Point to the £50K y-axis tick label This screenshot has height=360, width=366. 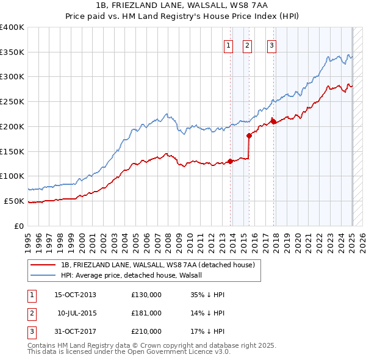pyautogui.click(x=14, y=201)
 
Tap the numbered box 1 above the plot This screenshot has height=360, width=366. pyautogui.click(x=228, y=45)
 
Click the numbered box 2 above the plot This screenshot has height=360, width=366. pyautogui.click(x=247, y=45)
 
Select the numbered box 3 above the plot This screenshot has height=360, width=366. pyautogui.click(x=271, y=45)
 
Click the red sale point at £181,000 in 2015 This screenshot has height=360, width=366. pyautogui.click(x=249, y=135)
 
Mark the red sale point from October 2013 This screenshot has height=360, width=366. pyautogui.click(x=231, y=161)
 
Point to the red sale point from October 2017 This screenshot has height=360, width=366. pyautogui.click(x=274, y=121)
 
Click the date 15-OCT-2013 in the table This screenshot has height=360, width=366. pyautogui.click(x=75, y=295)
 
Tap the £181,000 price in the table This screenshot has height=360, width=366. pyautogui.click(x=146, y=313)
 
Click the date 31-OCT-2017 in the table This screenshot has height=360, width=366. pyautogui.click(x=75, y=331)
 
